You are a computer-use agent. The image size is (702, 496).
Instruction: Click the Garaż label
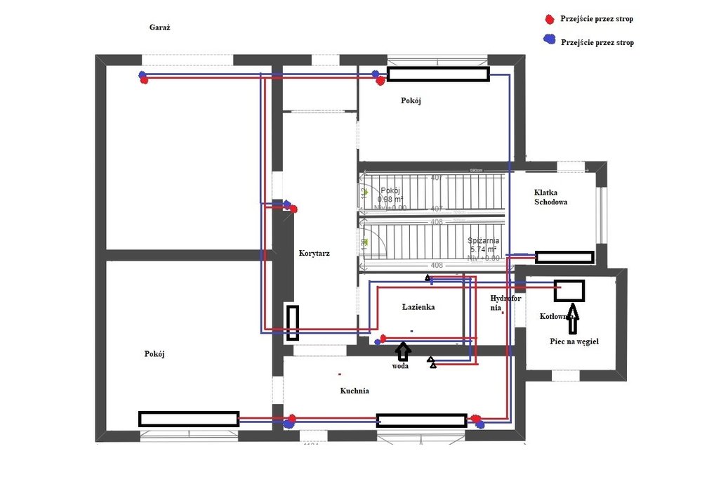pyautogui.click(x=160, y=27)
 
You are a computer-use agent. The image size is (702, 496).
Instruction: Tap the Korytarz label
pyautogui.click(x=314, y=253)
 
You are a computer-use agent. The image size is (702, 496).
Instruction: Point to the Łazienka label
pyautogui.click(x=419, y=307)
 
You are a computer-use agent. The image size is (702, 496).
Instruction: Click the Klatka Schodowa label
pyautogui.click(x=550, y=196)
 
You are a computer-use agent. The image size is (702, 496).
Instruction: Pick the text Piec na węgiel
pyautogui.click(x=574, y=341)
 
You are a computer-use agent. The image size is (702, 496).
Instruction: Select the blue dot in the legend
pyautogui.click(x=550, y=41)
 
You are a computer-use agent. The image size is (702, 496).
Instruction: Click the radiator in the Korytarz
pyautogui.click(x=292, y=322)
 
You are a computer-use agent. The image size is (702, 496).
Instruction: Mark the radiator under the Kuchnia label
pyautogui.click(x=421, y=420)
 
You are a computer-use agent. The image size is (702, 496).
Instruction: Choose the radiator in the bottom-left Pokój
pyautogui.click(x=189, y=419)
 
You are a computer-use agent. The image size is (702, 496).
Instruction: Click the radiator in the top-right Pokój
pyautogui.click(x=438, y=74)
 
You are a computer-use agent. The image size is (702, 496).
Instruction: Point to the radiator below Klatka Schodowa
pyautogui.click(x=564, y=257)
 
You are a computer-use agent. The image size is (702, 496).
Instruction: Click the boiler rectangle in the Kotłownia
pyautogui.click(x=569, y=289)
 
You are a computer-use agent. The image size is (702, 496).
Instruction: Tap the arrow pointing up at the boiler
pyautogui.click(x=573, y=317)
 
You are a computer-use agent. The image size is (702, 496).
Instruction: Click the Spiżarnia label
pyautogui.click(x=484, y=240)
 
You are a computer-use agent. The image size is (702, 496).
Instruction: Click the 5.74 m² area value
pyautogui.click(x=483, y=249)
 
